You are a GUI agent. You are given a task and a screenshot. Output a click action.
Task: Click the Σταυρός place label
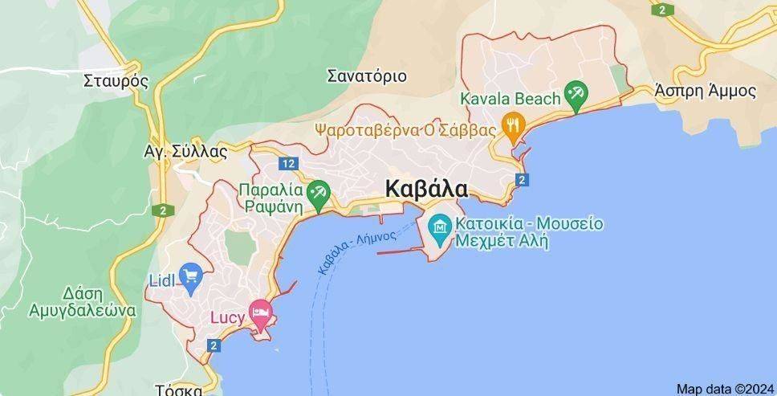click(116, 80)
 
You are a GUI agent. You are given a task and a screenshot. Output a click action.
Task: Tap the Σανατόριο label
click(367, 77)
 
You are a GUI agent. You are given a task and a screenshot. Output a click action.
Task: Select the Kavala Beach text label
click(510, 99)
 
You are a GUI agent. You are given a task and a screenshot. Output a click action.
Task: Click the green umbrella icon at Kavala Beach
click(575, 93)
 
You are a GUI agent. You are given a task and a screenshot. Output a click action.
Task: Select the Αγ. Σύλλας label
click(185, 151)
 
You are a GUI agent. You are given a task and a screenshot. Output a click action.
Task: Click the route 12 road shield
click(288, 164)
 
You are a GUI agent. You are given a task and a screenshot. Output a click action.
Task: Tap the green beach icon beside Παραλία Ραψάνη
click(319, 190)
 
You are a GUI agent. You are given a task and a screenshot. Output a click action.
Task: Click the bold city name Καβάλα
click(426, 189)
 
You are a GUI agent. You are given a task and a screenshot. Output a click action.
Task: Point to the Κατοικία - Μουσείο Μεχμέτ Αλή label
click(527, 231)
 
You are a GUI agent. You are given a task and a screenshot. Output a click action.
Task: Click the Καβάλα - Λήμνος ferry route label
click(357, 250)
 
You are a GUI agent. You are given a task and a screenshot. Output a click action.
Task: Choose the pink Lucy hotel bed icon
click(259, 312)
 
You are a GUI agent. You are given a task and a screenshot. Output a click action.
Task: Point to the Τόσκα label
click(178, 390)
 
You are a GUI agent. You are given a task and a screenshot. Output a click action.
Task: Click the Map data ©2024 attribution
click(725, 388)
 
